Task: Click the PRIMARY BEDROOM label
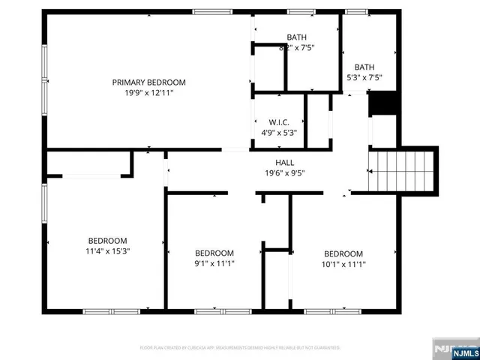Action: (149, 82)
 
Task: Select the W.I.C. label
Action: (279, 122)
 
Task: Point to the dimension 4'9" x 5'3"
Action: (279, 133)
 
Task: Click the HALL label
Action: (285, 163)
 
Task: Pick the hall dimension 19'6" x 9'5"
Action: (285, 173)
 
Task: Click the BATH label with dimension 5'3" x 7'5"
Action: (364, 67)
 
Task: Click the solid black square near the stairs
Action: (382, 103)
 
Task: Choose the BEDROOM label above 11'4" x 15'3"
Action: (109, 241)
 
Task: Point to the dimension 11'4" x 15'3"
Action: (109, 252)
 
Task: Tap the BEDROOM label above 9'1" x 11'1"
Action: (214, 253)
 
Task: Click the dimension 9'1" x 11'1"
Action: (214, 263)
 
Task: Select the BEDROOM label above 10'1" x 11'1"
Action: (343, 253)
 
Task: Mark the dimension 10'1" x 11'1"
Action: (343, 264)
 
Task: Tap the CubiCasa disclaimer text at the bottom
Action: (240, 348)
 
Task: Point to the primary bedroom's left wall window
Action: (43, 75)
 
